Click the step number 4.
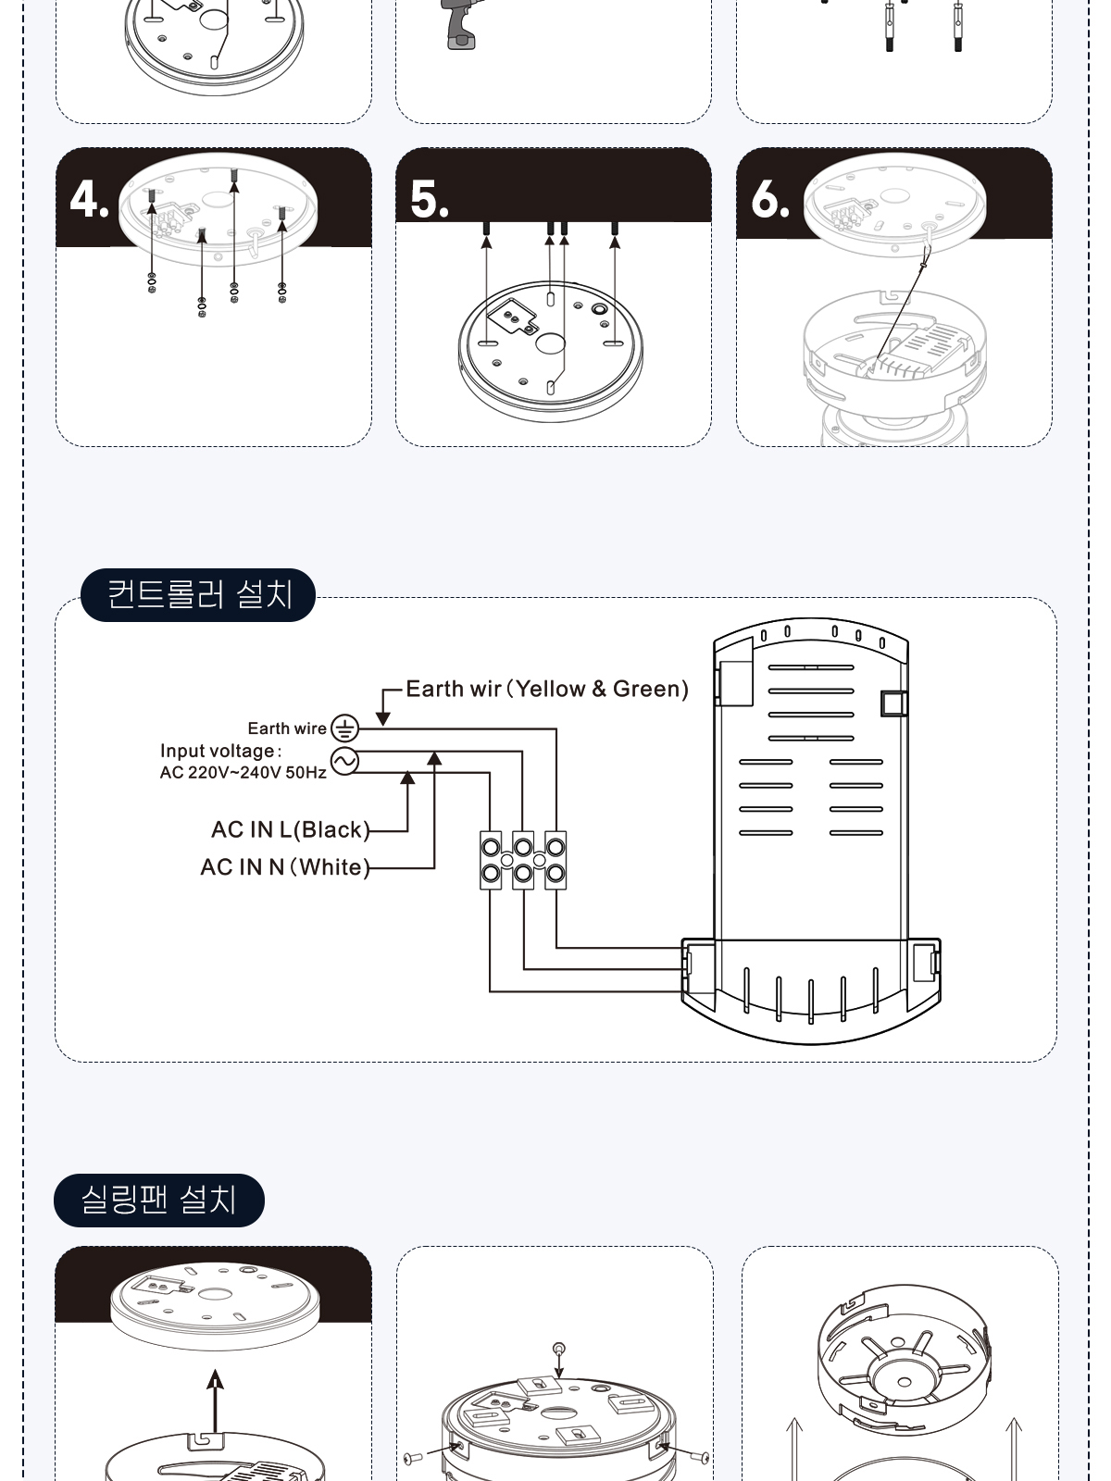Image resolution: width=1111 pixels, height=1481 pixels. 88,199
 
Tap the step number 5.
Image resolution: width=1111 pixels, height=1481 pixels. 429,199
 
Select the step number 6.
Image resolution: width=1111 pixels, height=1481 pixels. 769,199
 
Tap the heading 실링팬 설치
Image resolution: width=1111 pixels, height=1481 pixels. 158,1200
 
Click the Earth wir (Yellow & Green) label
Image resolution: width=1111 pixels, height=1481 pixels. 547,689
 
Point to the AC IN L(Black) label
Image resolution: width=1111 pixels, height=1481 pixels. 291,829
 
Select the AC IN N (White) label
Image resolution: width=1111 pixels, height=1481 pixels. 285,867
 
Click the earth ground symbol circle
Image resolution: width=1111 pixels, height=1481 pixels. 344,728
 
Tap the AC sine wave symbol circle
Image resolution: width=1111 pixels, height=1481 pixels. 344,762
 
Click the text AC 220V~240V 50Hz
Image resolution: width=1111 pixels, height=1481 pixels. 243,773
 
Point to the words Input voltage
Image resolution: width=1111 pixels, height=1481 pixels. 218,751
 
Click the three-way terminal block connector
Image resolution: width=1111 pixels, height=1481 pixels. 523,860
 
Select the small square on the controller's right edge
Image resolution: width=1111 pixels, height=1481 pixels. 893,703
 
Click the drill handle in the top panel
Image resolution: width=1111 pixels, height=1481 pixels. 461,32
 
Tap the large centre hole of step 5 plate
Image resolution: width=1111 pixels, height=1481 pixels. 550,343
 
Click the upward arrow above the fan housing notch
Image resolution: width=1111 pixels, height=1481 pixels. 215,1400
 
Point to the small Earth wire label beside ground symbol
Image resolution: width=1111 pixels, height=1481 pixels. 287,728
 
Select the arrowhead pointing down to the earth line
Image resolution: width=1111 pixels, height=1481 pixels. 383,719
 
